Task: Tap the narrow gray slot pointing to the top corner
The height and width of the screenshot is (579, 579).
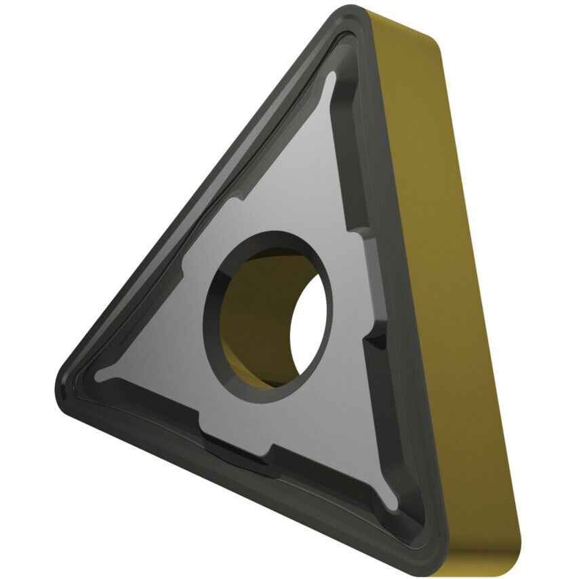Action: [x=330, y=85]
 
